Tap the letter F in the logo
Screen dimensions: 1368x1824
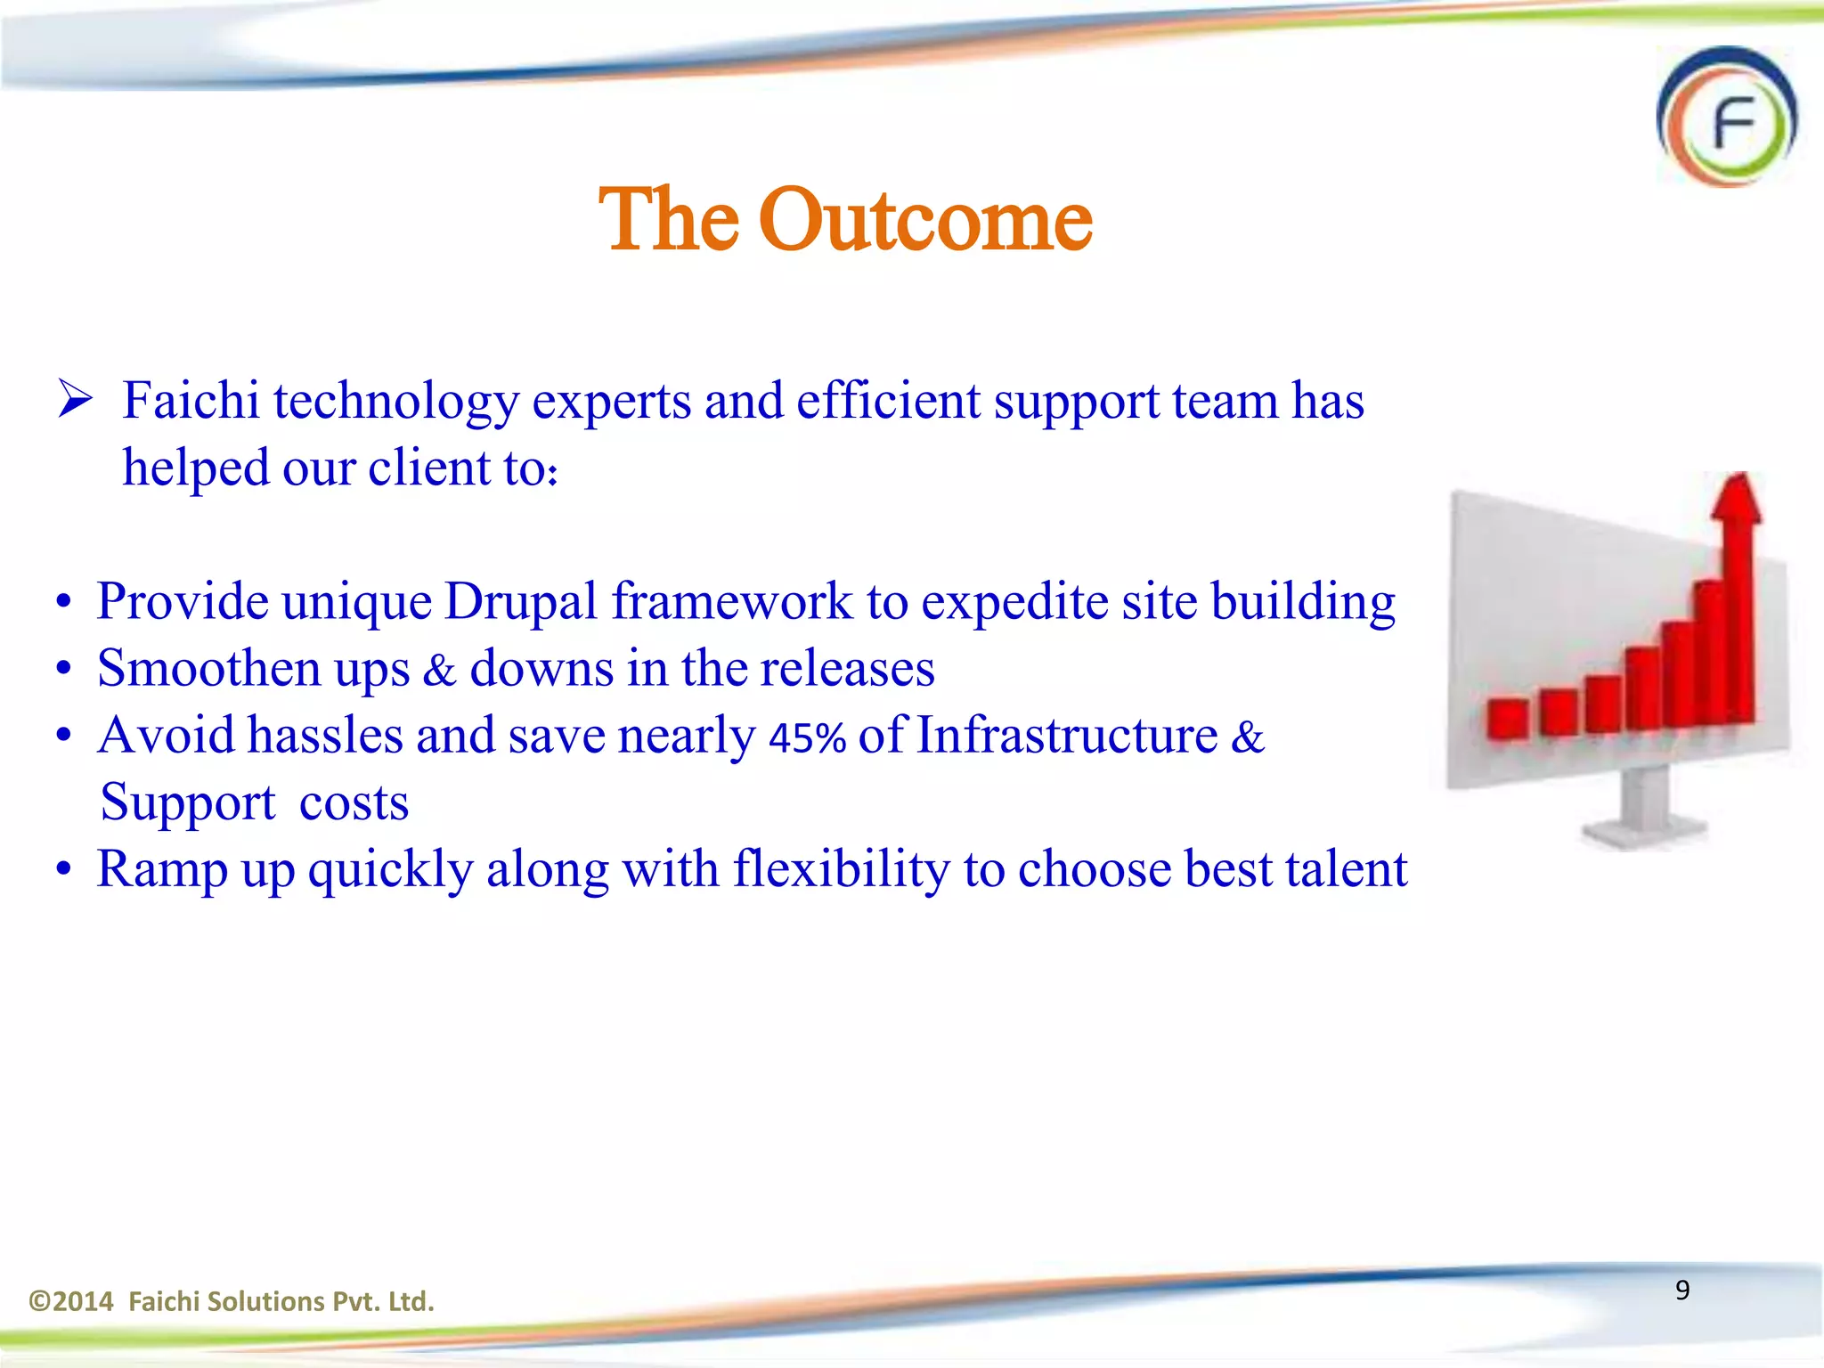point(1733,125)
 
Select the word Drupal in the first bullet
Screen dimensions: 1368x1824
point(521,602)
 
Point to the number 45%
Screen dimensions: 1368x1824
point(807,738)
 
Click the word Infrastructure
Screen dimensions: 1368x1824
point(1066,737)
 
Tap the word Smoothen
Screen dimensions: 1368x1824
point(208,669)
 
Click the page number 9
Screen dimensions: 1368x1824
point(1682,1290)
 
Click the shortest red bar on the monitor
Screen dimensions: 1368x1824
point(1507,719)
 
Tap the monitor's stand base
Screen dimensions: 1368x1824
point(1643,835)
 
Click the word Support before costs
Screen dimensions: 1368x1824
point(188,803)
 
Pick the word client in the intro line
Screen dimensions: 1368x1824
point(429,468)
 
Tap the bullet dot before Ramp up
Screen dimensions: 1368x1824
point(63,870)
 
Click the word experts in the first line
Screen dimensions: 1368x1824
point(611,402)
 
